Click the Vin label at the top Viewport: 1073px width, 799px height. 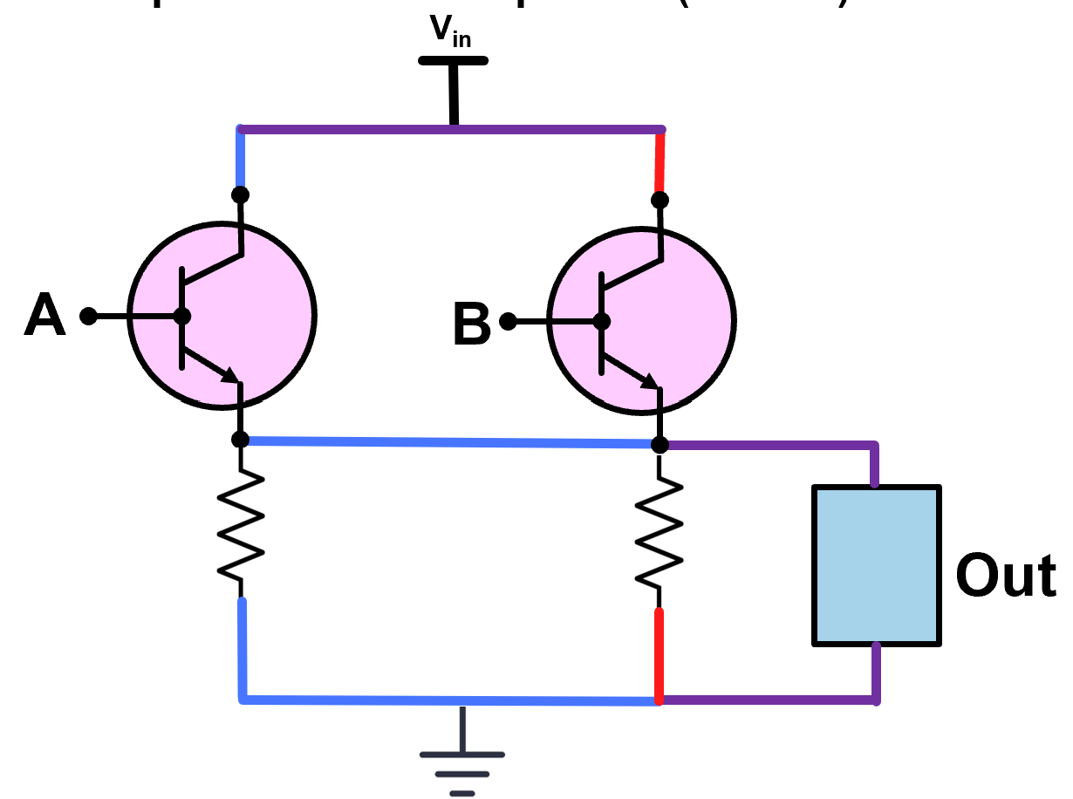coord(450,32)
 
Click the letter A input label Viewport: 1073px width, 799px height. coord(44,316)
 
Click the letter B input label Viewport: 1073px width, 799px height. coord(472,326)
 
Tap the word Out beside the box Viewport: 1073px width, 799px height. coord(1005,576)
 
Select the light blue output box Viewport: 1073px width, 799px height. coord(876,565)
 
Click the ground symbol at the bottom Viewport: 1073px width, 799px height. coord(461,763)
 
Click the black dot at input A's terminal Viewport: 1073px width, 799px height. coord(88,316)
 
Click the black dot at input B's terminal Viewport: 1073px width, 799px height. coord(508,323)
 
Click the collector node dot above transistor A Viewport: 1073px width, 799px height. coord(241,194)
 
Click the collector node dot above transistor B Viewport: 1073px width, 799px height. coord(660,200)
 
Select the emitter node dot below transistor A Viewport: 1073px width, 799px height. coord(241,439)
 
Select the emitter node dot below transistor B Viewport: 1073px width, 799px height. coord(660,445)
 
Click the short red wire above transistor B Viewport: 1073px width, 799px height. coord(660,161)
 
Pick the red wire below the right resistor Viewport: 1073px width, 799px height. coord(660,654)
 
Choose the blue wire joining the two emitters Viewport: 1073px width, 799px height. coord(449,443)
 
